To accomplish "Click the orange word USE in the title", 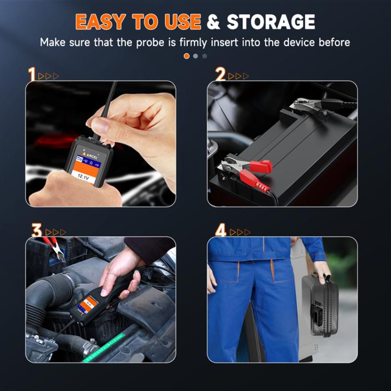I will pos(179,21).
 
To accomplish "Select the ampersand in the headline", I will pos(214,22).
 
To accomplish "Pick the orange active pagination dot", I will pos(187,56).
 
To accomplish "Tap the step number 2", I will pos(221,75).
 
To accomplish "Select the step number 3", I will pos(36,230).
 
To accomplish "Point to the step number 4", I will pos(221,230).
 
